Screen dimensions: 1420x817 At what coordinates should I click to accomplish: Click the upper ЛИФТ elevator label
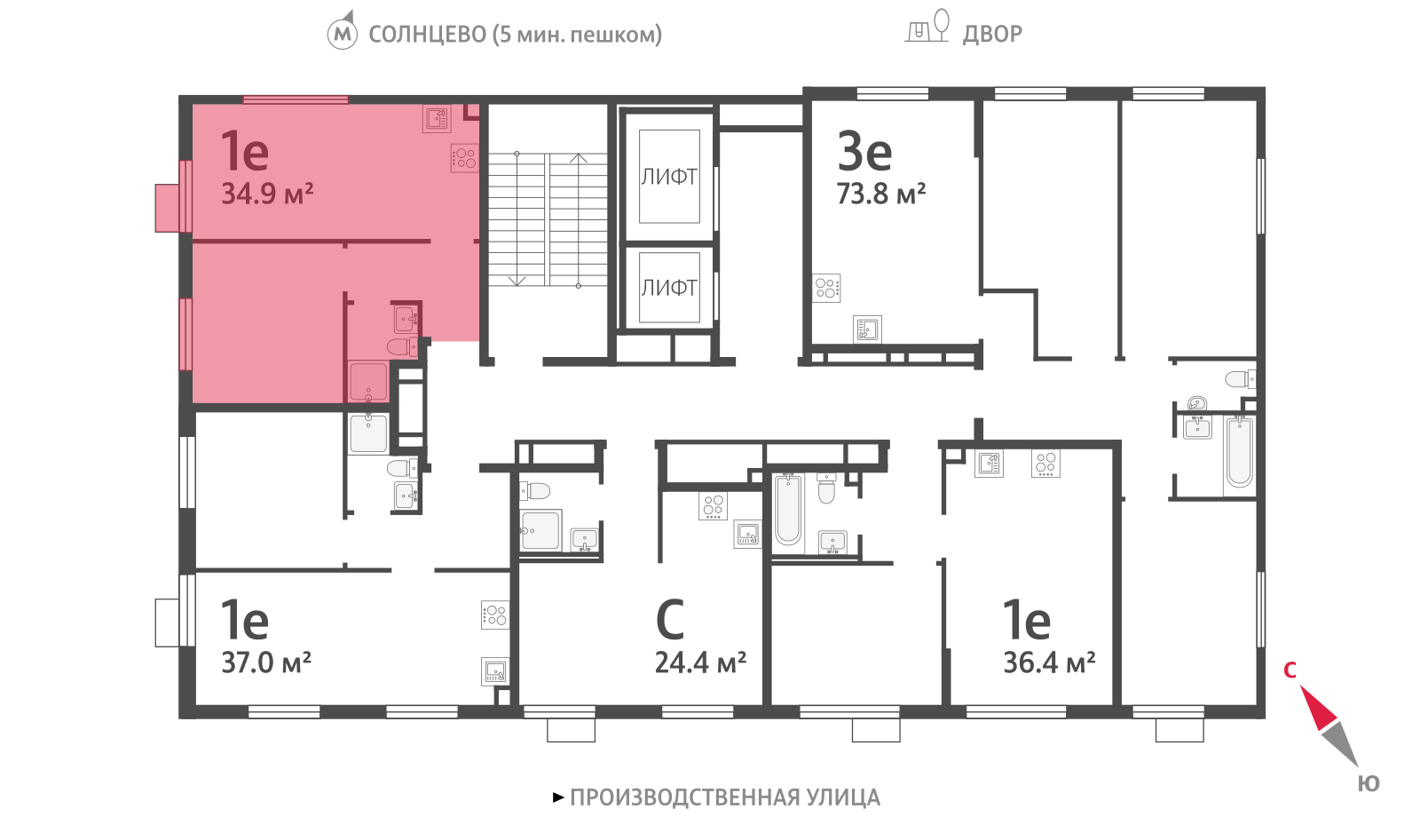tap(669, 177)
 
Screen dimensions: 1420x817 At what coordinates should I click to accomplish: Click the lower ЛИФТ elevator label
tap(669, 288)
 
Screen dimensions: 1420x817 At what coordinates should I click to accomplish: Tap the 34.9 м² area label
tap(267, 194)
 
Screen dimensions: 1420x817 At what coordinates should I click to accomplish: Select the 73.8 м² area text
tap(881, 194)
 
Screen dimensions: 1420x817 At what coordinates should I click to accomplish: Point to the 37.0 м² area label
tap(266, 662)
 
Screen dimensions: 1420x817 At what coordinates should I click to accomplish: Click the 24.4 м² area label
tap(700, 662)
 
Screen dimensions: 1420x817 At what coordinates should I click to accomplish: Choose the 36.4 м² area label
tap(1049, 662)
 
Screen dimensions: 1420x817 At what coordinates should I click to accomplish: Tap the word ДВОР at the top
tap(992, 34)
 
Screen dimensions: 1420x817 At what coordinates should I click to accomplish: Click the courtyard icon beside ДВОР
tap(927, 26)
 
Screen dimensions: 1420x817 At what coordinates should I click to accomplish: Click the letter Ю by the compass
tap(1369, 783)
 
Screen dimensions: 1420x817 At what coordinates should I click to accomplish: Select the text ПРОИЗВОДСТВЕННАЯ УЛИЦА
tap(725, 797)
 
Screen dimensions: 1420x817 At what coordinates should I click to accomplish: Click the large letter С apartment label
tap(669, 619)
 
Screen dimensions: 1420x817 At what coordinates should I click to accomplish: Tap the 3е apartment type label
tap(864, 151)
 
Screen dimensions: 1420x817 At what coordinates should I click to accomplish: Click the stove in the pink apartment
tap(464, 158)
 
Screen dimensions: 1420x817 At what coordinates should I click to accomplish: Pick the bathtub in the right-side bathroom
tap(1240, 452)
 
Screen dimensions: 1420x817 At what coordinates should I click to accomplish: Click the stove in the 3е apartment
tap(826, 288)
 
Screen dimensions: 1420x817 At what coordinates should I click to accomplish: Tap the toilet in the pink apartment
tap(401, 347)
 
